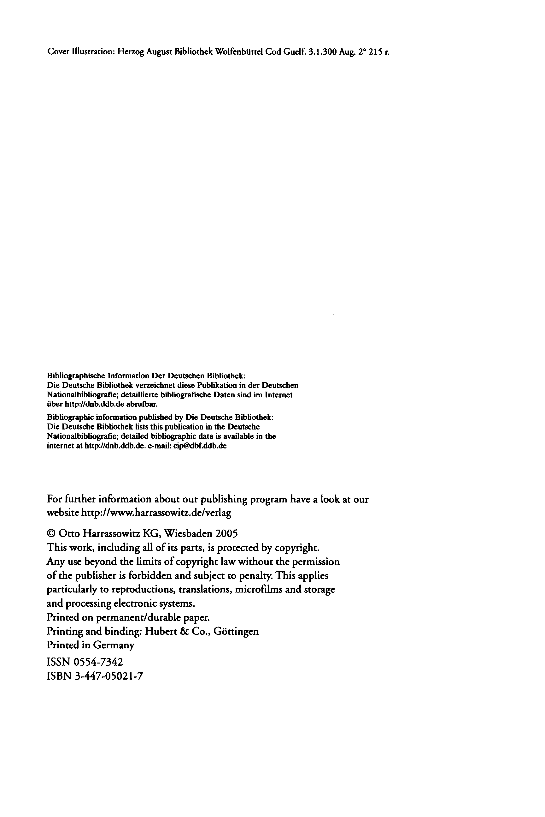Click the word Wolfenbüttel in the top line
(x=239, y=52)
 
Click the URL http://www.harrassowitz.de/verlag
(x=156, y=513)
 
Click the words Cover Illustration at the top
(x=81, y=52)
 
